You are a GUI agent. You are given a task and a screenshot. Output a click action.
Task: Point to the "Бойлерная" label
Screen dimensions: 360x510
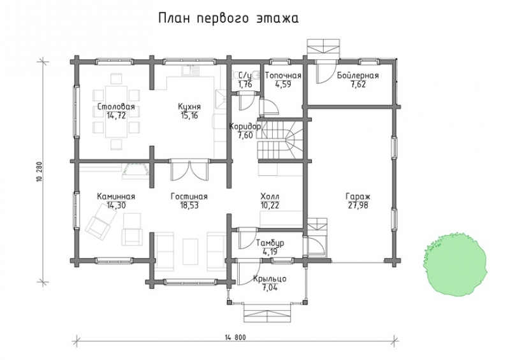[x=358, y=76]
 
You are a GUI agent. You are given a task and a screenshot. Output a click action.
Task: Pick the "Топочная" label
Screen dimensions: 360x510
[x=283, y=76]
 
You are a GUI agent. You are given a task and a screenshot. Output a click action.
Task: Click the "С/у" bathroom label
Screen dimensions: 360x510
[x=245, y=76]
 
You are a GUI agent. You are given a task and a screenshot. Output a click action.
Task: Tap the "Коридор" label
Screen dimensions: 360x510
[x=244, y=126]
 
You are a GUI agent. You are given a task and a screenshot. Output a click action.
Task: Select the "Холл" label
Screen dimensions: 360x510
[x=270, y=197]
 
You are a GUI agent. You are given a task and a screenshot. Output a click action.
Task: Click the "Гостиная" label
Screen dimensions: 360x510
[x=189, y=197]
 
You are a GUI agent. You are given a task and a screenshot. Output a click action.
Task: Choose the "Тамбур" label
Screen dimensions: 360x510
[x=270, y=244]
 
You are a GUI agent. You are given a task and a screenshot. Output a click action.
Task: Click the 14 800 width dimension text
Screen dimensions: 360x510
[x=235, y=336]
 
